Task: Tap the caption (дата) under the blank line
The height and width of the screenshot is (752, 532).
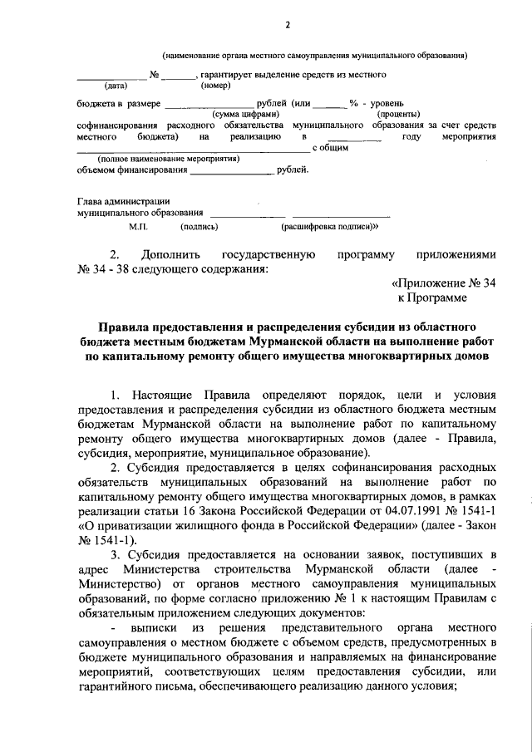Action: [x=116, y=86]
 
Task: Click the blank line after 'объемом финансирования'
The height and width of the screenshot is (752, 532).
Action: [x=231, y=172]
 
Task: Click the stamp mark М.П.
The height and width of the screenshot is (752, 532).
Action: [x=138, y=225]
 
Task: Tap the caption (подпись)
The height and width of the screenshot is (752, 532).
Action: [x=199, y=225]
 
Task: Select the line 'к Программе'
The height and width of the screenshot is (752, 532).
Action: [x=432, y=297]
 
